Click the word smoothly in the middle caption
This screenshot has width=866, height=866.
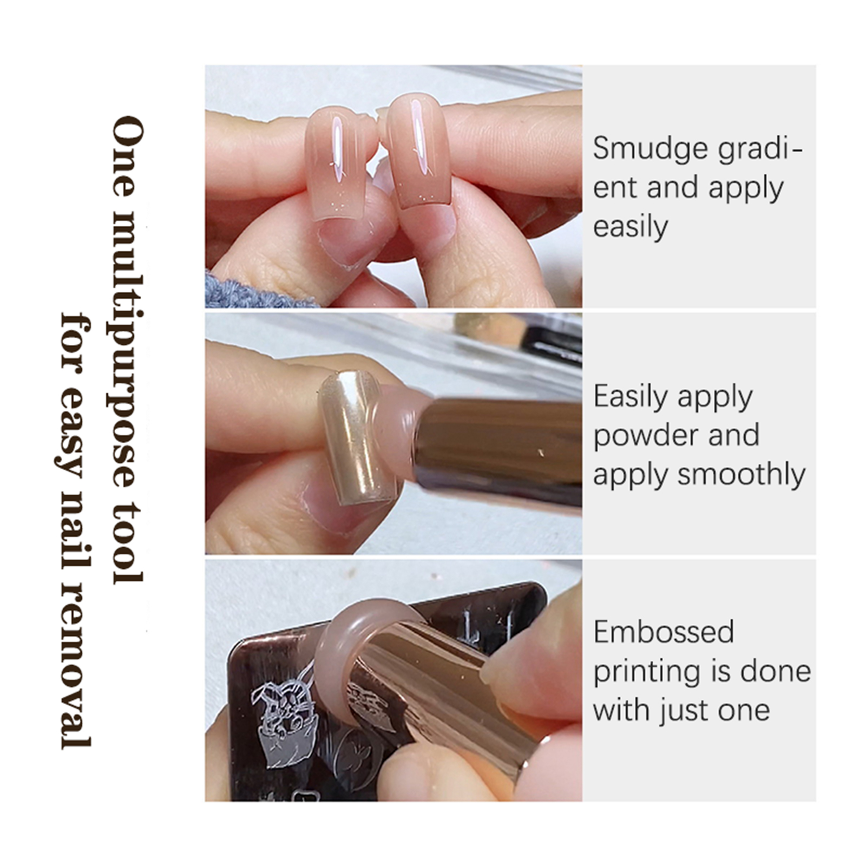[742, 475]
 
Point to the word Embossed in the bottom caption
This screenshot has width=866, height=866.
[664, 632]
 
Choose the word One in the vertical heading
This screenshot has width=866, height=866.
[129, 157]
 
